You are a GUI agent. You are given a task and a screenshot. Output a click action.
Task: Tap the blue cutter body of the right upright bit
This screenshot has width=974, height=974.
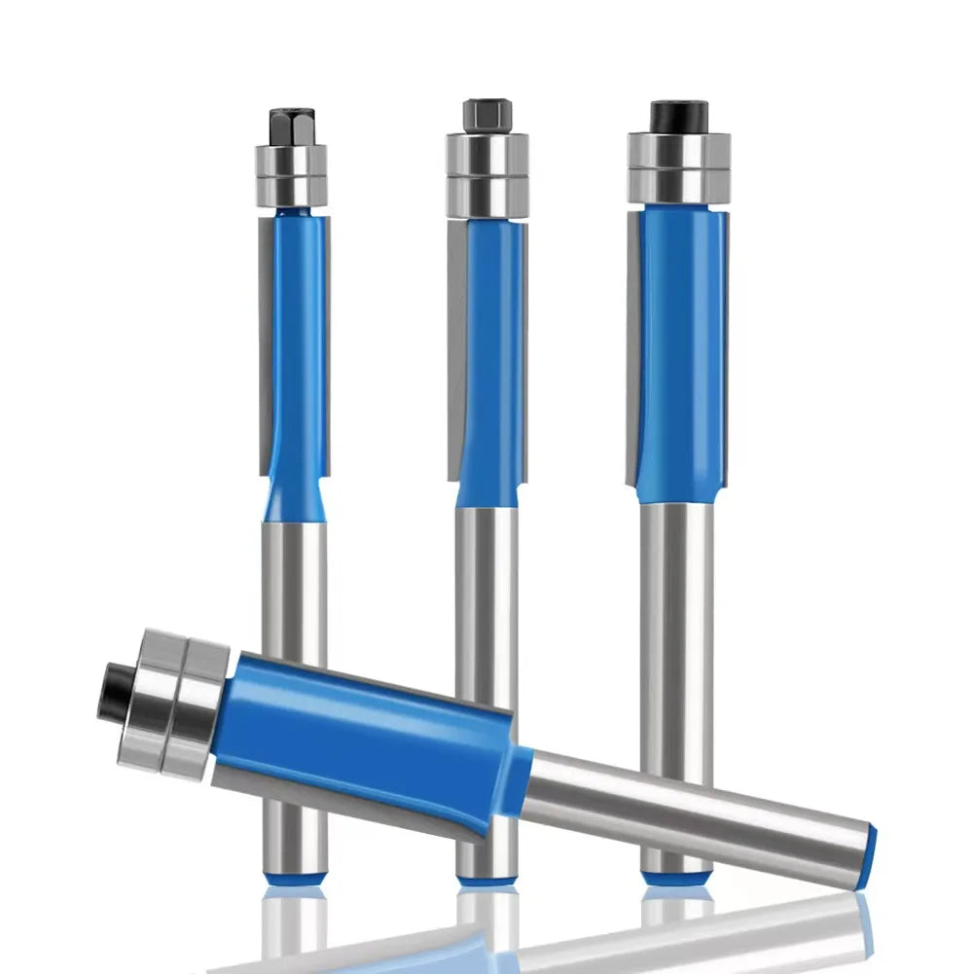[x=681, y=350]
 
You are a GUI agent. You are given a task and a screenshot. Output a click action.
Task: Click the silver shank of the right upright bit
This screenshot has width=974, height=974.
[x=677, y=623]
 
